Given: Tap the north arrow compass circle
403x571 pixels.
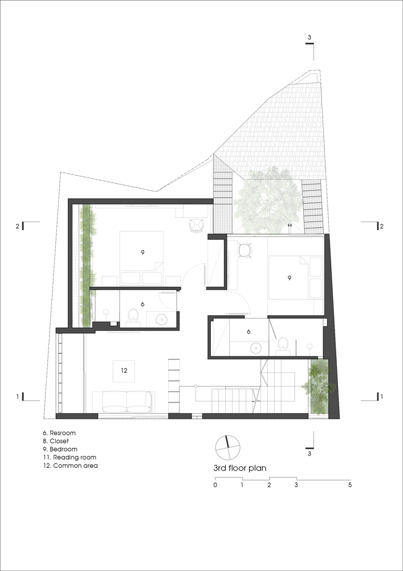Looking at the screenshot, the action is coord(228,448).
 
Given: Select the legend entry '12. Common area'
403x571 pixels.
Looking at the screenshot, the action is coord(71,465).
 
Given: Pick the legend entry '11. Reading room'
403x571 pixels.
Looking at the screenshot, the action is coord(70,457).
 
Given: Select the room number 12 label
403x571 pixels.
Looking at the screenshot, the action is coord(124,371).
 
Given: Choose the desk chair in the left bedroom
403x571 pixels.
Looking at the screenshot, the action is coord(197,226).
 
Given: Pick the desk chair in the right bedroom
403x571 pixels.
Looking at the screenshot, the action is coord(246,251).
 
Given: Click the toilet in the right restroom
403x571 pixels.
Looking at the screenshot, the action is coord(283,344).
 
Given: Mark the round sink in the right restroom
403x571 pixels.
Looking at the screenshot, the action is coord(257,348).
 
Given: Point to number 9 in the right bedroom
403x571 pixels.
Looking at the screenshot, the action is coord(289,278).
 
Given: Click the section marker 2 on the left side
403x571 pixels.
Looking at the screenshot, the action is coord(17,226).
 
